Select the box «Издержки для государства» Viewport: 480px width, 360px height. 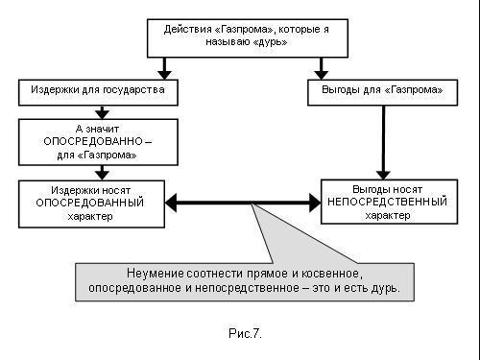point(97,91)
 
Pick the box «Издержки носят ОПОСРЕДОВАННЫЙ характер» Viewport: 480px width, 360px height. point(90,203)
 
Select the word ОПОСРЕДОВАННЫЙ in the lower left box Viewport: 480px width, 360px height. point(90,203)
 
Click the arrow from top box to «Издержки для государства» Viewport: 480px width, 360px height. point(165,68)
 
